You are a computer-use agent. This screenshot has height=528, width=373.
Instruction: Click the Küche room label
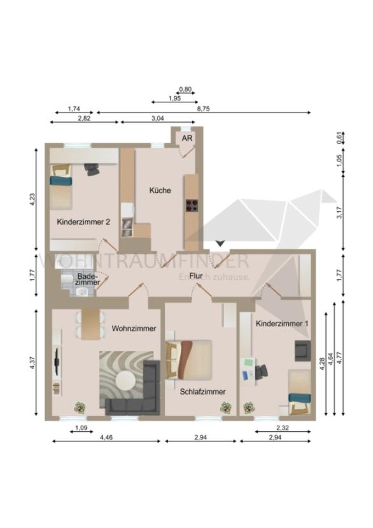tap(160, 190)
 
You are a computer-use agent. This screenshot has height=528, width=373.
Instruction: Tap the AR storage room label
tap(187, 139)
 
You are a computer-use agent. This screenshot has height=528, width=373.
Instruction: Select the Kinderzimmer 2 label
tap(83, 222)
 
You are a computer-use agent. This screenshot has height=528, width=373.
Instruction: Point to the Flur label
tap(196, 276)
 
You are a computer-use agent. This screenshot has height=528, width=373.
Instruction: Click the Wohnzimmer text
tap(134, 328)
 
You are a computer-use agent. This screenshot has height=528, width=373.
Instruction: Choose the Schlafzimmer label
tap(202, 392)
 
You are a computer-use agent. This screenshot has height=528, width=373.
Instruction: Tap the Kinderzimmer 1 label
tap(282, 324)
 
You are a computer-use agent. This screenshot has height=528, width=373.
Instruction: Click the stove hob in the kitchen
tap(192, 205)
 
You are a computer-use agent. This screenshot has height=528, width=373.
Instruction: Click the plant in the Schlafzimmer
tap(226, 408)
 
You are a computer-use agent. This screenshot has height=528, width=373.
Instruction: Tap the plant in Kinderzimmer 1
tap(249, 408)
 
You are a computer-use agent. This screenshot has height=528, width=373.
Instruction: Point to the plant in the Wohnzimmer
tap(80, 408)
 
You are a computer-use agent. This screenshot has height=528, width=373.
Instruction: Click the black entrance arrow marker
tap(220, 243)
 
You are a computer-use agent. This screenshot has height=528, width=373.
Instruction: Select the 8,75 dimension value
tap(203, 108)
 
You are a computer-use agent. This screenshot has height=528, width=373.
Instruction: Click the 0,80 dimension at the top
tap(185, 89)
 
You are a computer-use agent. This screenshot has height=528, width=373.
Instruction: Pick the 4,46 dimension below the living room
tap(106, 438)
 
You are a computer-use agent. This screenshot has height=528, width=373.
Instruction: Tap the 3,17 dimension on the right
tap(339, 212)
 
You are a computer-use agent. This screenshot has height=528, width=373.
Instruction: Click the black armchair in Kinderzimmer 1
tap(302, 351)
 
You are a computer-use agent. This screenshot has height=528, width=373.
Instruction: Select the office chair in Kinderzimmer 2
tap(92, 169)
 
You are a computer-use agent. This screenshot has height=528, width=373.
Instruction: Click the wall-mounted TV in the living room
tap(57, 361)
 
